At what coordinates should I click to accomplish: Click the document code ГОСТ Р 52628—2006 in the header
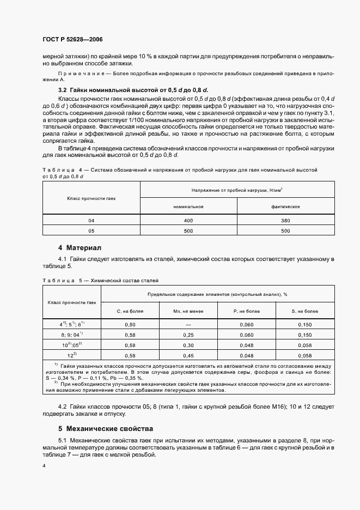pos(72,40)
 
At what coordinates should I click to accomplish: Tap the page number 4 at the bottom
pos(44,466)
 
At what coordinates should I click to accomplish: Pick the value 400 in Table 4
pos(188,220)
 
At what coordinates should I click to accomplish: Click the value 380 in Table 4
pos(285,220)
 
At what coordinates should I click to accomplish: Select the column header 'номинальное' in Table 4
pos(188,207)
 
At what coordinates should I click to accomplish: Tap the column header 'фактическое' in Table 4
pos(285,207)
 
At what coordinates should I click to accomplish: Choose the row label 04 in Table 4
pos(91,220)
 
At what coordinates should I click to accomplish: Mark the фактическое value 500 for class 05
pos(285,230)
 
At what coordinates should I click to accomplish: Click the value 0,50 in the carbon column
pos(130,324)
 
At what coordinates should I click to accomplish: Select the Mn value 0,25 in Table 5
pos(188,335)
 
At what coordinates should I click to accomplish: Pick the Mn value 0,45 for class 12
pos(188,355)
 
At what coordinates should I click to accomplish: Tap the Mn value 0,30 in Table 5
pos(188,345)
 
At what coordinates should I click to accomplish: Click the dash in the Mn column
pos(188,324)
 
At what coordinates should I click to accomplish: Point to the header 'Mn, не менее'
pos(188,311)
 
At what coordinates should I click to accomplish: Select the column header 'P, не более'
pos(246,311)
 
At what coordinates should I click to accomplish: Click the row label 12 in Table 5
pos(71,355)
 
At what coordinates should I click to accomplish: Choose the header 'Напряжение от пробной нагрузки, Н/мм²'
pos(237,189)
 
